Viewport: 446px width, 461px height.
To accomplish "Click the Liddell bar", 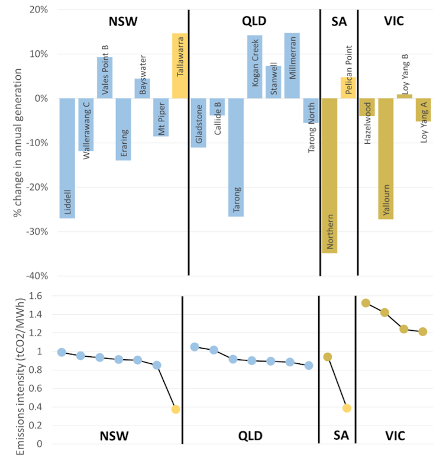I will coord(67,158).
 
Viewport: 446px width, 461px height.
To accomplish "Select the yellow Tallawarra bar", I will coord(179,66).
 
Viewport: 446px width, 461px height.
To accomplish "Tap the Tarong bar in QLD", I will coord(236,157).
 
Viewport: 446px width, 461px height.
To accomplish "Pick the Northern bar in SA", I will coord(329,175).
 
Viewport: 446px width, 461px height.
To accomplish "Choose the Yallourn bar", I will coord(386,158).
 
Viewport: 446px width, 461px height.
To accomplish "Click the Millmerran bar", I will coord(292,66).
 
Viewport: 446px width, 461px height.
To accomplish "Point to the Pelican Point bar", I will coord(348,88).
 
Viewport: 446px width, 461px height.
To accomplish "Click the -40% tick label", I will coord(38,276).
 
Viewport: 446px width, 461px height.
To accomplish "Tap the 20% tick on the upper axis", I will coord(39,9).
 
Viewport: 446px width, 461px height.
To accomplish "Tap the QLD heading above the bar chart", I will coord(254,21).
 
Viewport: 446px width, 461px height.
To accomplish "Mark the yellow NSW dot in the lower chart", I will coord(176,409).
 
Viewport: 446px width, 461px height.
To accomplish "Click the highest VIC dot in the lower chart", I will coord(366,303).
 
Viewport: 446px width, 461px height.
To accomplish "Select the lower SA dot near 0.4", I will coord(347,408).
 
